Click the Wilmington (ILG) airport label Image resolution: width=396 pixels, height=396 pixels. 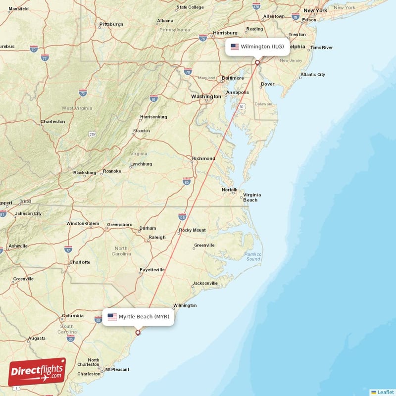coord(257,47)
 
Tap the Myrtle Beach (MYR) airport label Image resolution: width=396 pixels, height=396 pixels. coord(139,317)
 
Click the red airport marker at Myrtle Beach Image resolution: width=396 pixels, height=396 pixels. coord(138,333)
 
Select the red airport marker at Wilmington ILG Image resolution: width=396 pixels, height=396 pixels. coord(257,62)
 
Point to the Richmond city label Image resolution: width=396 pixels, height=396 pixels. coord(204,158)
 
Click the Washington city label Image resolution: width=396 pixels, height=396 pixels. coord(206,97)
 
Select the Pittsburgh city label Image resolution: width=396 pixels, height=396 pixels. coord(111,24)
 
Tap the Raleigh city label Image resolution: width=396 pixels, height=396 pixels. coord(157,238)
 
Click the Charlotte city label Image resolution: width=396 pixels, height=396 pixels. coord(80,262)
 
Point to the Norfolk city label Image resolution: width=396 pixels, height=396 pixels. coord(230,190)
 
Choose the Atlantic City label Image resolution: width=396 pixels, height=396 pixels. coord(313,75)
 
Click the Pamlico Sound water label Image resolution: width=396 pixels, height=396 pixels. coord(253,256)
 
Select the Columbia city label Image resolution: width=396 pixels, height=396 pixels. coord(73,315)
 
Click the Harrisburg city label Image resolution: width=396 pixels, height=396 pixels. coord(226,33)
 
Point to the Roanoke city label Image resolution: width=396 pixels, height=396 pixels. coord(112,171)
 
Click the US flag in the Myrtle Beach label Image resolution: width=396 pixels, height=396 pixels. coord(112,317)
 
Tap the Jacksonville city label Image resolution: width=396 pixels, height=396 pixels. coord(205,283)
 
